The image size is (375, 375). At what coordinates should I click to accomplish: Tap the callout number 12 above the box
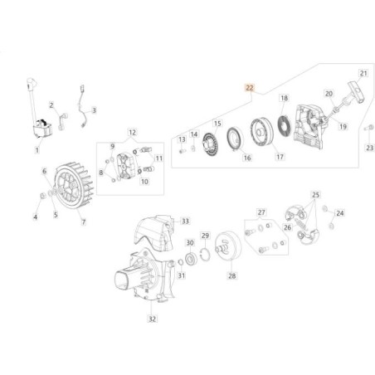(132, 133)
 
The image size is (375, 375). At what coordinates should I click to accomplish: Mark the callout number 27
(261, 212)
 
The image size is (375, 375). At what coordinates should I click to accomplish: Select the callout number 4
(35, 217)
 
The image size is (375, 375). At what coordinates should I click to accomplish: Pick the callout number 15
(218, 123)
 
